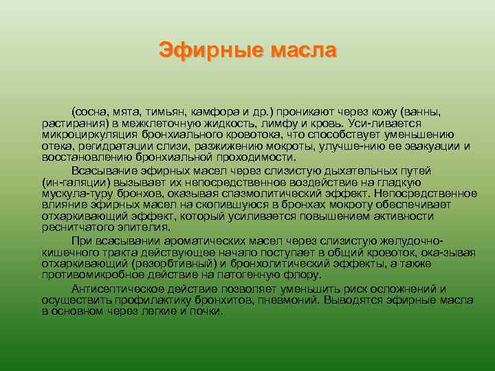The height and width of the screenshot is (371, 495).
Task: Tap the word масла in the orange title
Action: (x=304, y=50)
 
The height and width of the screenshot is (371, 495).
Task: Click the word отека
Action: (x=56, y=146)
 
